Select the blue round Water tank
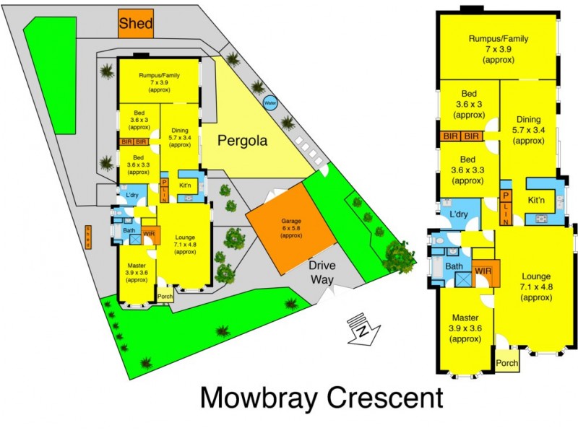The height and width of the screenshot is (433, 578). pyautogui.click(x=270, y=102)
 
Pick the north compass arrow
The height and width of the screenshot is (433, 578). pyautogui.click(x=359, y=328)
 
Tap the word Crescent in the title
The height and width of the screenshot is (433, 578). pyautogui.click(x=380, y=398)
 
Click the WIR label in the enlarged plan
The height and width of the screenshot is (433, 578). pyautogui.click(x=483, y=272)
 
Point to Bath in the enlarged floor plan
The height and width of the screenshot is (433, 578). pyautogui.click(x=453, y=267)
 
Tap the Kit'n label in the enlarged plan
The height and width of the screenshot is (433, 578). pyautogui.click(x=536, y=200)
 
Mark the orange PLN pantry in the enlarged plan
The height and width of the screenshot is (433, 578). pyautogui.click(x=506, y=204)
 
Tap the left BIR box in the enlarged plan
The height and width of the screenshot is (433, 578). pyautogui.click(x=449, y=136)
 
